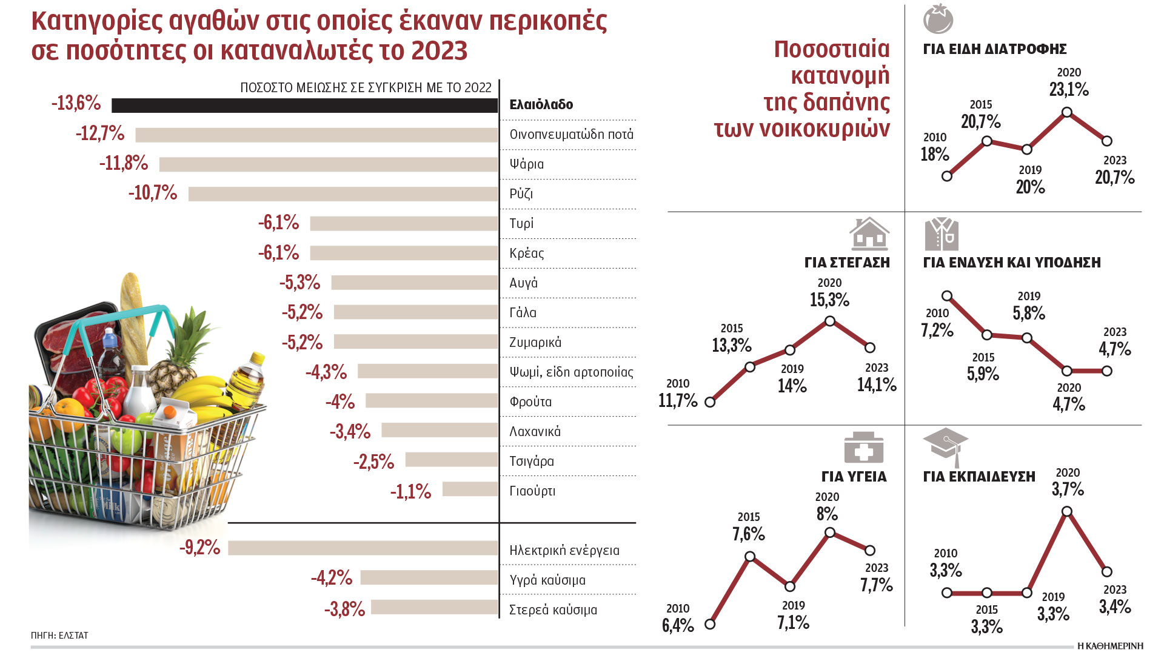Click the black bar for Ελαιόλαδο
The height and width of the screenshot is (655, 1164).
(x=304, y=105)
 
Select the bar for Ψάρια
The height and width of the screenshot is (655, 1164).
(x=328, y=164)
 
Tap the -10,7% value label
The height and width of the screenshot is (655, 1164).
(x=152, y=193)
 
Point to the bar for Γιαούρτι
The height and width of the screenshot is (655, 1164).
(x=470, y=489)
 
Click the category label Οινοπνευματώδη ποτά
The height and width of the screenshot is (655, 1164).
(x=571, y=134)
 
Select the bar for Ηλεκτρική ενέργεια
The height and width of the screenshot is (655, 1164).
(x=363, y=548)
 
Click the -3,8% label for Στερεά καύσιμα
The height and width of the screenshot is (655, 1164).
(x=344, y=608)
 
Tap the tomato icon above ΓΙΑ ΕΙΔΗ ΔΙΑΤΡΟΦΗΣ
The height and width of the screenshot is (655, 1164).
(x=938, y=19)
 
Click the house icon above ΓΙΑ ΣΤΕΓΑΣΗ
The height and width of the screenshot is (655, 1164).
(x=869, y=233)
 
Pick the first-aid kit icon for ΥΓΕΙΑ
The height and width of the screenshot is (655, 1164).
(x=863, y=448)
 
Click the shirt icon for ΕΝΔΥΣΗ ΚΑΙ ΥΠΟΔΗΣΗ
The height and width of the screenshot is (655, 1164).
(x=942, y=234)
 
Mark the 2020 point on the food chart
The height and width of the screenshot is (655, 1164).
(x=1067, y=112)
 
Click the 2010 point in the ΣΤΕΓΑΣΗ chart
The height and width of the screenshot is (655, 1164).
(x=710, y=402)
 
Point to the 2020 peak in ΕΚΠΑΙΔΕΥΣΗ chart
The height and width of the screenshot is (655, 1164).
(x=1067, y=511)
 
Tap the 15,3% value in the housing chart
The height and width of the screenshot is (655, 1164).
(x=829, y=300)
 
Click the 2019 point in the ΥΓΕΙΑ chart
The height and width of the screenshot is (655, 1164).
(x=790, y=586)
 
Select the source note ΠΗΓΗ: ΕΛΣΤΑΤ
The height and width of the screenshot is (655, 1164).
(x=59, y=636)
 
